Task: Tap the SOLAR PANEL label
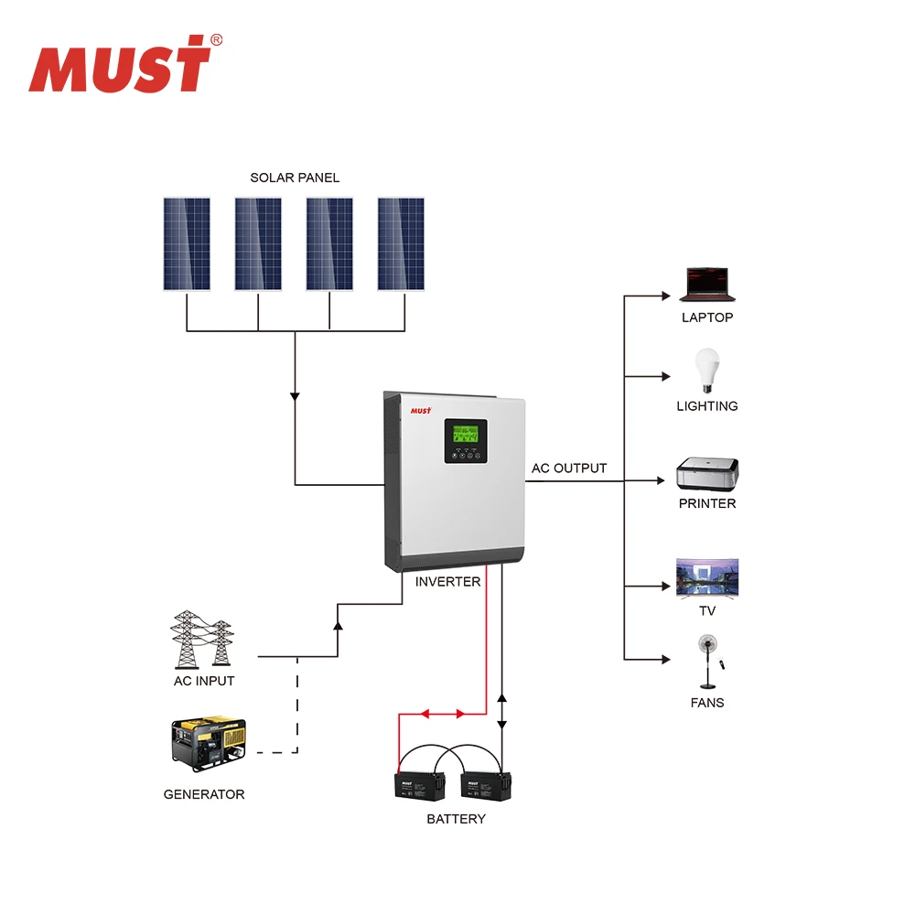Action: point(295,178)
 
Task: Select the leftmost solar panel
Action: point(187,244)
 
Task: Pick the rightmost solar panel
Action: point(401,244)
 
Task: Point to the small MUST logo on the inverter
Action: point(420,411)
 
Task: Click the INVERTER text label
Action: point(447,582)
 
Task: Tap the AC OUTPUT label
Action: point(569,468)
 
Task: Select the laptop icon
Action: point(707,285)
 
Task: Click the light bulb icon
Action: point(706,371)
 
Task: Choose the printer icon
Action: point(707,474)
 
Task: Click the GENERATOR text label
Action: point(204,794)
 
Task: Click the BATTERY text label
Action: point(456,819)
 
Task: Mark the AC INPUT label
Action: point(204,681)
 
